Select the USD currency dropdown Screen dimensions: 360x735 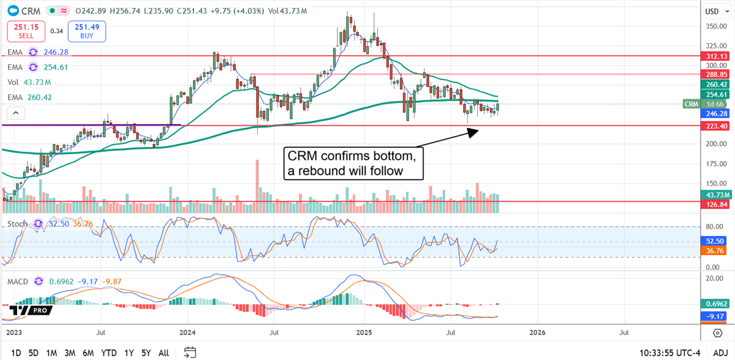712,11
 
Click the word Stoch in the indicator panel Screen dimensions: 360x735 17,224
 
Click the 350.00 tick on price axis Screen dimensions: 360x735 712,26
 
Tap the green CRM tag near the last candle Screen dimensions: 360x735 691,104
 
